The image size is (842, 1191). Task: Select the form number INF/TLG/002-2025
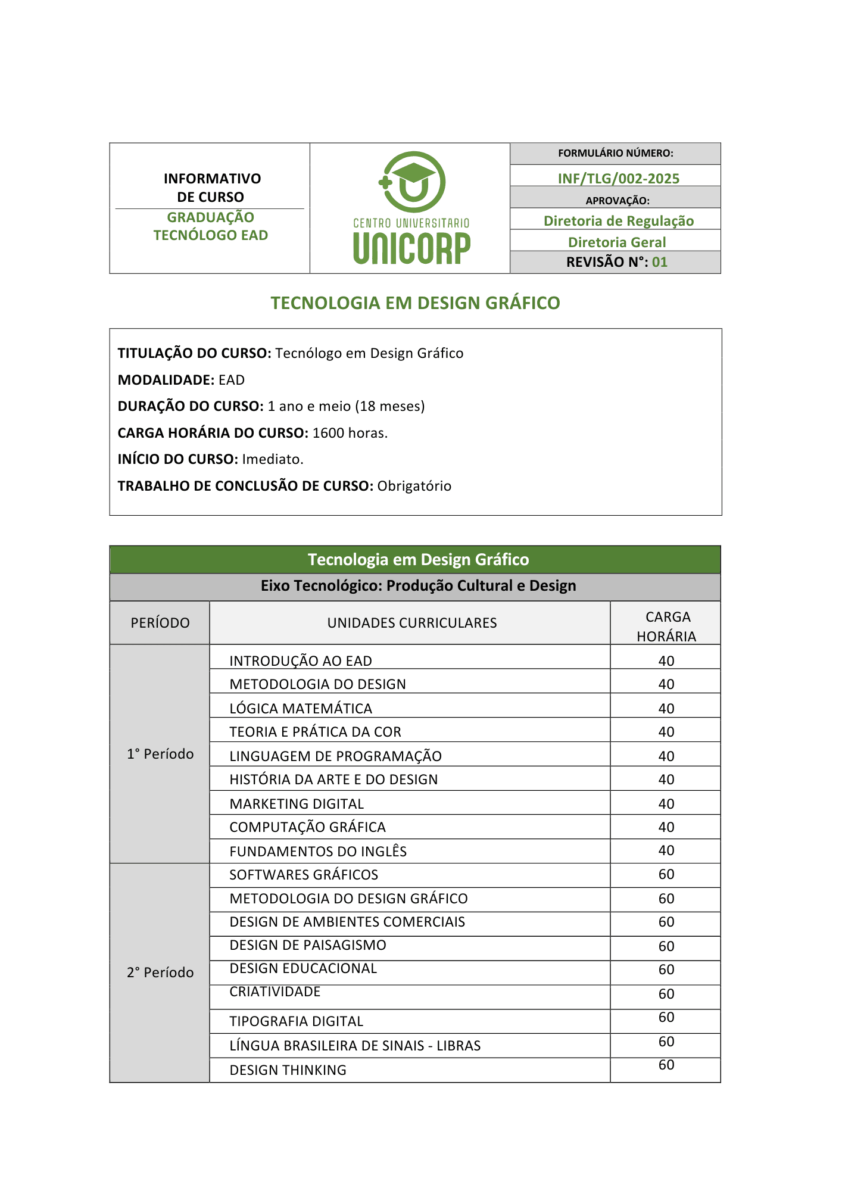(x=618, y=178)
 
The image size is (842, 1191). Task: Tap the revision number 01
(x=660, y=262)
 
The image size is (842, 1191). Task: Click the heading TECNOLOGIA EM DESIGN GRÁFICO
(x=415, y=303)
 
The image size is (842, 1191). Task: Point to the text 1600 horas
(x=350, y=433)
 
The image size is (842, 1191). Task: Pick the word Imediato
(x=273, y=459)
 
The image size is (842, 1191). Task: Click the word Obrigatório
(x=414, y=486)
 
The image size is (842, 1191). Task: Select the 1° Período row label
(x=160, y=754)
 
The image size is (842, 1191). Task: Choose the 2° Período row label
(x=160, y=972)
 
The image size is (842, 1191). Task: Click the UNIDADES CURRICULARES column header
(x=411, y=623)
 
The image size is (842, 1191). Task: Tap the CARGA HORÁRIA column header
(x=666, y=626)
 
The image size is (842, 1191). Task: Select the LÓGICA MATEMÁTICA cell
(x=301, y=709)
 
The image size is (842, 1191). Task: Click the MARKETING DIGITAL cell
(x=297, y=804)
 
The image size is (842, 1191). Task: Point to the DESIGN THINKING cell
(x=288, y=1070)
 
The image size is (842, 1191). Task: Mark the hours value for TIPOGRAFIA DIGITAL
(x=666, y=1018)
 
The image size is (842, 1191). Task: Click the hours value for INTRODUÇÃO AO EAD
(x=666, y=661)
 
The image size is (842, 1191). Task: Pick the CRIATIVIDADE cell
(x=275, y=992)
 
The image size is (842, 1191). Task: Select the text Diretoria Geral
(x=617, y=242)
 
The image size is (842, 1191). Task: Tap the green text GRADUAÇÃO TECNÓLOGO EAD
(x=211, y=226)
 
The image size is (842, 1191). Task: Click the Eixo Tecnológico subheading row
(x=418, y=586)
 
